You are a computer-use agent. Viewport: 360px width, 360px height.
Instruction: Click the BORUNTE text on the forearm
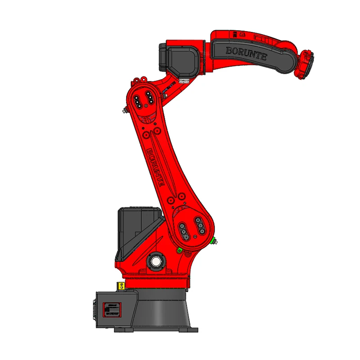(x=246, y=54)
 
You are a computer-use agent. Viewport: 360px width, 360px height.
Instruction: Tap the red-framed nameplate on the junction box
(x=112, y=310)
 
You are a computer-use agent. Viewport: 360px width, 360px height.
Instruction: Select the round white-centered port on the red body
(x=156, y=261)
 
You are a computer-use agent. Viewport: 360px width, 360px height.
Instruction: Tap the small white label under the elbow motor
(x=184, y=81)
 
